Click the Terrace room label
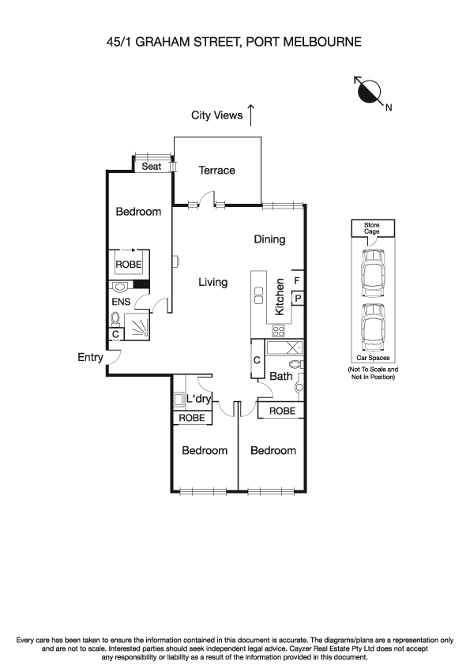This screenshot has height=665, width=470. point(216,171)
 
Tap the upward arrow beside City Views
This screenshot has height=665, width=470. point(251,115)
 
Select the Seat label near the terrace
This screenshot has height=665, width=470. point(151,167)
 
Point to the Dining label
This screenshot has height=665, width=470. point(269,239)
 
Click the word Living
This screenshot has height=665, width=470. point(212,282)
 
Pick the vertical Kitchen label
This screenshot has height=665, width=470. point(280,297)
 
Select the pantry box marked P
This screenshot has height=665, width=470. point(297,298)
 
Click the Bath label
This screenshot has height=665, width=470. point(280,377)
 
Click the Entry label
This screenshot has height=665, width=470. point(90,357)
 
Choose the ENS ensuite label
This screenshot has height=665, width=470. point(121,301)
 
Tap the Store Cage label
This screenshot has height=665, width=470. point(372,228)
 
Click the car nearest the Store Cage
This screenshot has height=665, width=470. point(372,270)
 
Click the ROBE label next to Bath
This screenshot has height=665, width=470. point(283,411)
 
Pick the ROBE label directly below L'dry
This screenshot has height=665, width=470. point(192,418)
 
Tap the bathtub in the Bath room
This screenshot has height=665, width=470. point(283,348)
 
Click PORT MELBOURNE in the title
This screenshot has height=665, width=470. point(304,42)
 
